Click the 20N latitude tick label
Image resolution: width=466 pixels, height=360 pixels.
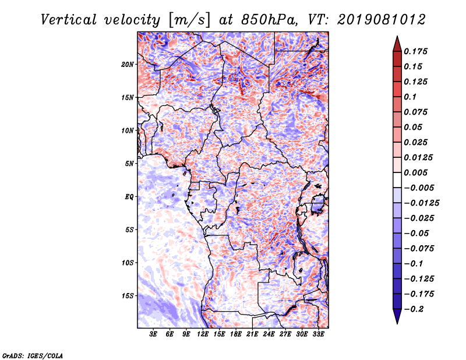coord(128,65)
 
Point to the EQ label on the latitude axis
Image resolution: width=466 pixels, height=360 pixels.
coord(129,197)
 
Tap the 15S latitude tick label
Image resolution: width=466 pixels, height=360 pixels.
coord(128,296)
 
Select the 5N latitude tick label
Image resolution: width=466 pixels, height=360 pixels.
coord(129,164)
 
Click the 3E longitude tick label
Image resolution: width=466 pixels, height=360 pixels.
coord(153,334)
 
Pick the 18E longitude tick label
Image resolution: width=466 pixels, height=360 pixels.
coord(236,334)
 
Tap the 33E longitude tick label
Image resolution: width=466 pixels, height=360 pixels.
coord(318,334)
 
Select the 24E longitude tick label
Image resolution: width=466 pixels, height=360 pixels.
coord(269,334)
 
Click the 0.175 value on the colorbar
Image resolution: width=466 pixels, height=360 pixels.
coord(415,51)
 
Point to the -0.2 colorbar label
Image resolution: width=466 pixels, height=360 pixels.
coord(414,309)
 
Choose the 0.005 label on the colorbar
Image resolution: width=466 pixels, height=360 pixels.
coord(415,172)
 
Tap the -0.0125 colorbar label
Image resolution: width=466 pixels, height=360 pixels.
coord(421,203)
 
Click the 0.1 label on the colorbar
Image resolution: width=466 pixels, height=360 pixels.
coord(410,97)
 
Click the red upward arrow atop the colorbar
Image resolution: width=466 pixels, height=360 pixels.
coord(397,44)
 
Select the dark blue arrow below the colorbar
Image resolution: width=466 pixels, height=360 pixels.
coord(397,316)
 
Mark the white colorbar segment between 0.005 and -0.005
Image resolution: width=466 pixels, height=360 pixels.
coord(397,180)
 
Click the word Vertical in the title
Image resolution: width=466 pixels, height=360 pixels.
coord(69,20)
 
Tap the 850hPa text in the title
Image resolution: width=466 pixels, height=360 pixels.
coord(269,20)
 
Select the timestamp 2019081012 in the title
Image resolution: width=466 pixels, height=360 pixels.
coord(382,20)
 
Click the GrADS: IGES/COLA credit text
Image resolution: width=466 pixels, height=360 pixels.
coord(33,355)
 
